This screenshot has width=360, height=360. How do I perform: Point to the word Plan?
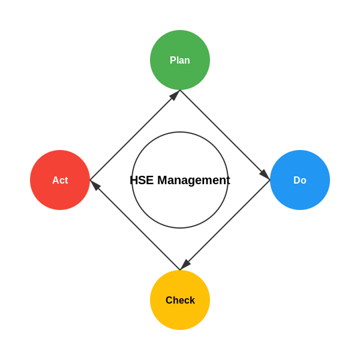pyautogui.click(x=180, y=61)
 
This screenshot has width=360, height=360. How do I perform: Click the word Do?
pyautogui.click(x=300, y=181)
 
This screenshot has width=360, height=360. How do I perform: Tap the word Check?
pyautogui.click(x=180, y=301)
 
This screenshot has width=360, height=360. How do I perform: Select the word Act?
pyautogui.click(x=60, y=181)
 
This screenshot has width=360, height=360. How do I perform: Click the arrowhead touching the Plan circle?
pyautogui.click(x=175, y=95)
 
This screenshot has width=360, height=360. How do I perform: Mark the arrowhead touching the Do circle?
pyautogui.click(x=265, y=175)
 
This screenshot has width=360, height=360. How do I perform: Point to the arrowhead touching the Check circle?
pyautogui.click(x=185, y=265)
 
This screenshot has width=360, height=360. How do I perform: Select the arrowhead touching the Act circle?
pyautogui.click(x=95, y=185)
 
